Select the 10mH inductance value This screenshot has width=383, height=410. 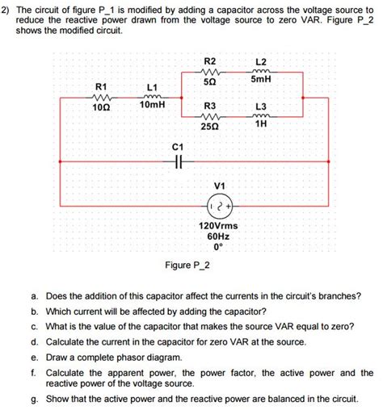[152, 105]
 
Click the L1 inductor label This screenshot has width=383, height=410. [152, 86]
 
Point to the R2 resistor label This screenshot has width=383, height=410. [210, 61]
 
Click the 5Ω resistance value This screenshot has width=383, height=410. [210, 82]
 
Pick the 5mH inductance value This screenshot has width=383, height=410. [261, 79]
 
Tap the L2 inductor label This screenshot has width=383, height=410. [260, 62]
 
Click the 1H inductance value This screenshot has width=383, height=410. [261, 124]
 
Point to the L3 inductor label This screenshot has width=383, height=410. [260, 107]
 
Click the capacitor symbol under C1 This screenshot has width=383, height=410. [179, 161]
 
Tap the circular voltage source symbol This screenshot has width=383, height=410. [218, 202]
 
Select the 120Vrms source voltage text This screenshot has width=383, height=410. [218, 225]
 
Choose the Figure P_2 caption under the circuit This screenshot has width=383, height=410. [188, 266]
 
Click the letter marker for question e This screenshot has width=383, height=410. [34, 356]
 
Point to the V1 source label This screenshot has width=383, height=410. [218, 183]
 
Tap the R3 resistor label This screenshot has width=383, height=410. [210, 107]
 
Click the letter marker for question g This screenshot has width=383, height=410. [34, 399]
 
